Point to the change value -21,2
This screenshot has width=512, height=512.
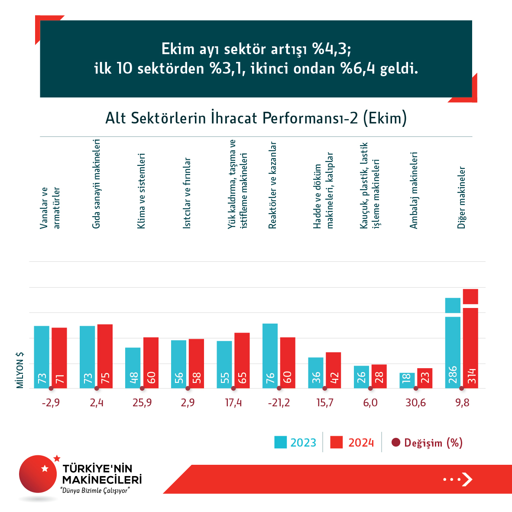[x=279, y=403]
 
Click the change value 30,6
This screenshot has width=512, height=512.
[x=416, y=403]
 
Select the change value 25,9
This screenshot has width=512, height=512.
[x=142, y=403]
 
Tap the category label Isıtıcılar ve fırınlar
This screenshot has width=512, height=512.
[x=187, y=193]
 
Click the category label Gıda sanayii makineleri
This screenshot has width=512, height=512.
[x=96, y=184]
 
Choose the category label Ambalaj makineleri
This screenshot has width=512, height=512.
[x=414, y=190]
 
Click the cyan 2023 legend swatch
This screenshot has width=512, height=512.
[x=280, y=442]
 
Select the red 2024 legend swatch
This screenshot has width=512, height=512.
[x=337, y=442]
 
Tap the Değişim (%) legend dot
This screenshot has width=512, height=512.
[x=395, y=443]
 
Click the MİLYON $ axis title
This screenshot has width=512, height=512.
[x=20, y=370]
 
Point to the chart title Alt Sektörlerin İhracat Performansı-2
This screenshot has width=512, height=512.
[x=256, y=118]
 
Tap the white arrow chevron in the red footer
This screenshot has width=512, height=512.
[x=467, y=479]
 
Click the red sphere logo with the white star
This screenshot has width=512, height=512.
[x=38, y=474]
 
